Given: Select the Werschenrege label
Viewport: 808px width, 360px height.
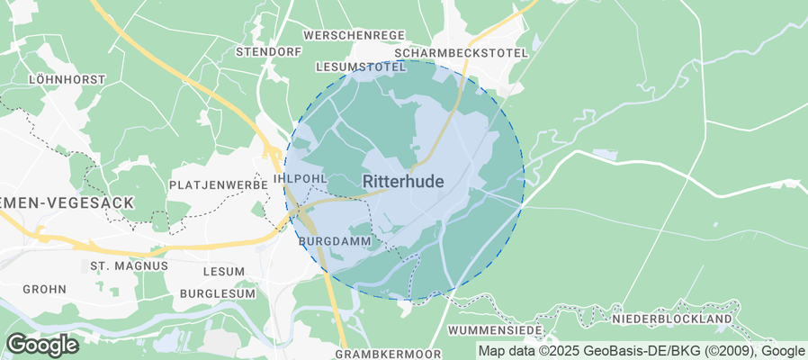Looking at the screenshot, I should [x=354, y=35].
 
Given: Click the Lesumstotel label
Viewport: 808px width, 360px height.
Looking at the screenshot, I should [x=361, y=67].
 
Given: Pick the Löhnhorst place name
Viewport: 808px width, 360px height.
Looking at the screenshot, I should [x=67, y=79].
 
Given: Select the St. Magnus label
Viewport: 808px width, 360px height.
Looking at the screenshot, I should [x=129, y=266].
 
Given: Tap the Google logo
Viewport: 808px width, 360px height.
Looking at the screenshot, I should [x=42, y=344].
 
